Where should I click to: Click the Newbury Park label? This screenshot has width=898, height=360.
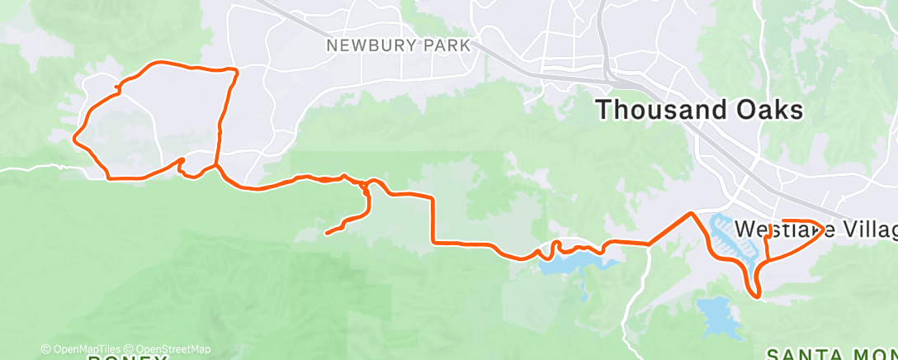click(398, 45)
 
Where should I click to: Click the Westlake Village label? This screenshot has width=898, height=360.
click(813, 228)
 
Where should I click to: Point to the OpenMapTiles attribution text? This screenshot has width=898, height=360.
click(81, 349)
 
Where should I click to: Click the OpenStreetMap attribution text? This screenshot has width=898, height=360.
click(169, 349)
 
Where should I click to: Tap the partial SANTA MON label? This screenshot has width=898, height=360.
click(830, 354)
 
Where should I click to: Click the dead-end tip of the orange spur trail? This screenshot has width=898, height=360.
click(328, 233)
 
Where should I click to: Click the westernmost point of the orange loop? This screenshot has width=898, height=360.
click(75, 138)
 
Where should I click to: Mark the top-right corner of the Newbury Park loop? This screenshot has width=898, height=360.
click(236, 71)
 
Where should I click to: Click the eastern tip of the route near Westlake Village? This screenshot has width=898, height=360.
click(823, 228)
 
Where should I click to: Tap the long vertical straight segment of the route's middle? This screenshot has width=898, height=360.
click(432, 220)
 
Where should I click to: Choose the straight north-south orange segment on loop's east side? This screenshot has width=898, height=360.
click(221, 124)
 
